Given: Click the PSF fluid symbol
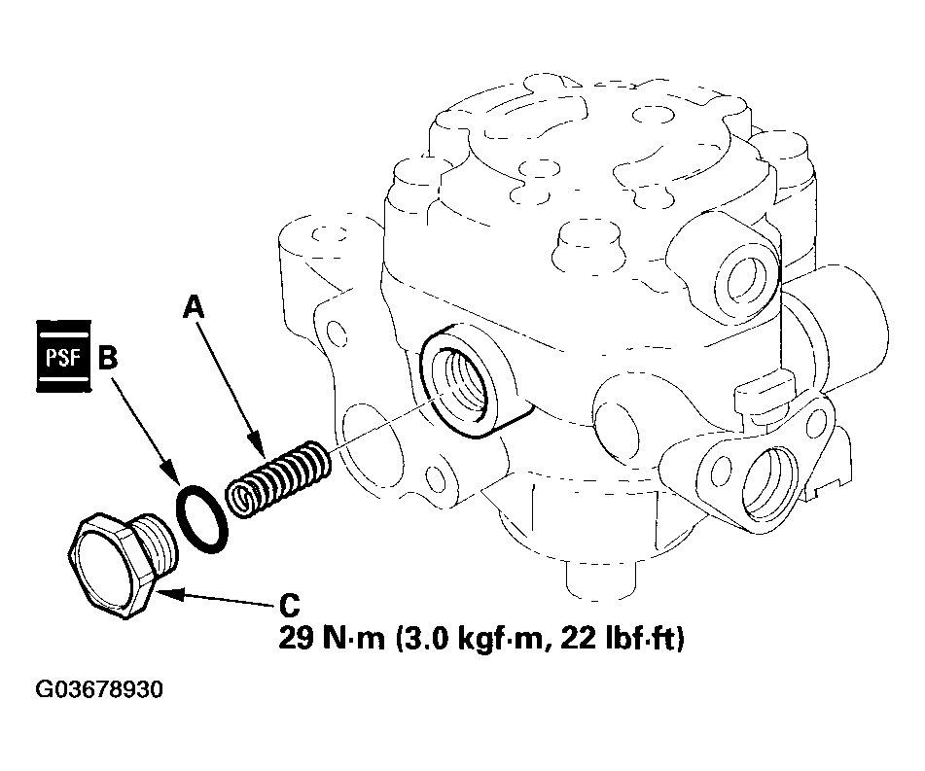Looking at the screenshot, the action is tap(63, 356).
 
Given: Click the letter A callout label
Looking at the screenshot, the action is tap(194, 307).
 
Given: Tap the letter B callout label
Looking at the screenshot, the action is tap(108, 358).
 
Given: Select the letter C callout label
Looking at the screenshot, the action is tap(289, 605).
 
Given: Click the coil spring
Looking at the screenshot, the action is tap(278, 479).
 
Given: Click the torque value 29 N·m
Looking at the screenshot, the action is tap(331, 638).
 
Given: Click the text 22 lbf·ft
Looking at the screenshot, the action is tap(622, 638).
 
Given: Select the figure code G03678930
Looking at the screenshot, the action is tap(99, 689).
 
